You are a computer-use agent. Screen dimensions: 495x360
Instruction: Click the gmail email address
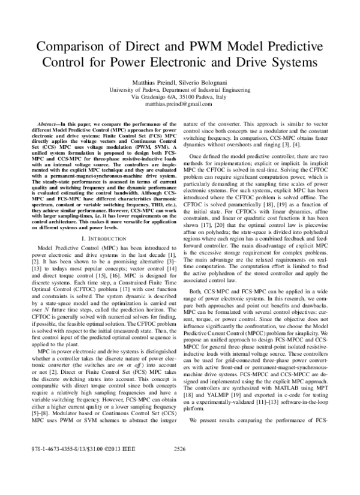click(179, 104)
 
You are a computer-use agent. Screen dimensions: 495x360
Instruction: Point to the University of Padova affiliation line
click(179, 88)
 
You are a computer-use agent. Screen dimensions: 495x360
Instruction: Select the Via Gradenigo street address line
click(179, 96)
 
